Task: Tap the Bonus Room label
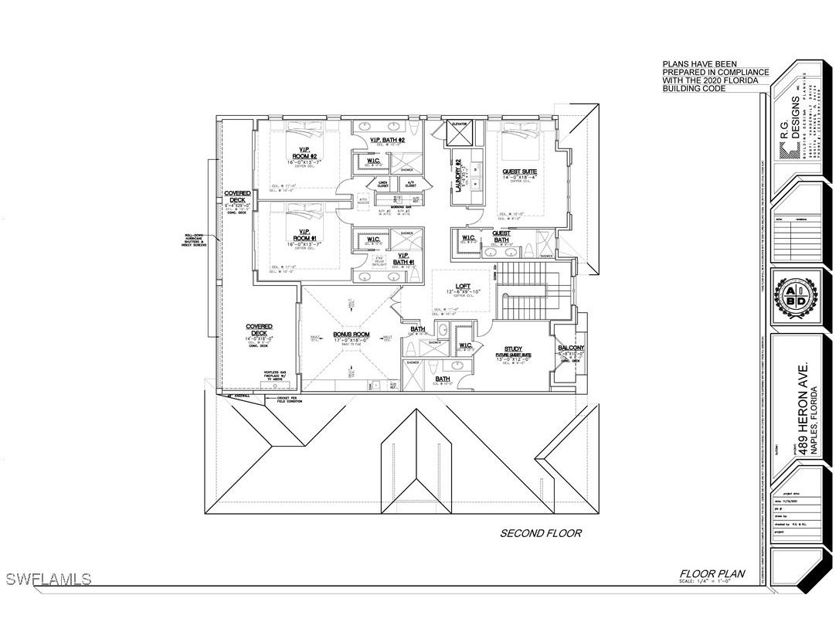[x=351, y=335]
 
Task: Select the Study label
[x=513, y=349]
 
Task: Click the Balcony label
[x=571, y=348]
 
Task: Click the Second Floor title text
[x=540, y=533]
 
